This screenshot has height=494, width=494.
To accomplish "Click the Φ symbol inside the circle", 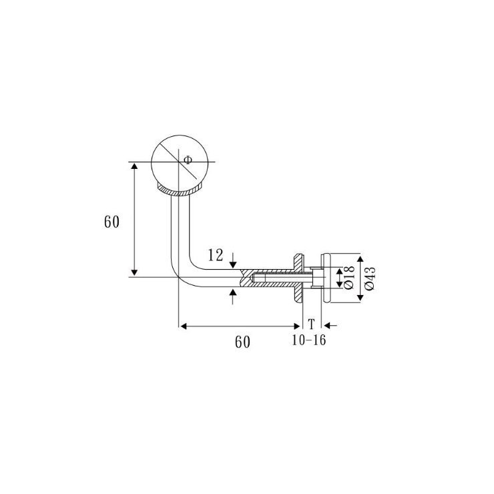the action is (188, 160).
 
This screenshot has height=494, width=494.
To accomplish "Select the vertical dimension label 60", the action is (112, 222).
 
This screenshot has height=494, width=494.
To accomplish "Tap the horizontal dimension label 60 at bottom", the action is (242, 342).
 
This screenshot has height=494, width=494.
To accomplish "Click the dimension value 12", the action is (216, 255).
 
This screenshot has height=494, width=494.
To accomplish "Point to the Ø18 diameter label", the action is (350, 278).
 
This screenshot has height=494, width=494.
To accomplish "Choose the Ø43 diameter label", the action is (370, 278).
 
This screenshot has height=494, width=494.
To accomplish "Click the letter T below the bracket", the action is (311, 324).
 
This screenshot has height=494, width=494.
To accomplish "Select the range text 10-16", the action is (308, 340).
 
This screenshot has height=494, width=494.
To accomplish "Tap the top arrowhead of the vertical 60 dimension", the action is (135, 166).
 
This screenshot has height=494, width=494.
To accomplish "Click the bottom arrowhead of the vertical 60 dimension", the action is (135, 273).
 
